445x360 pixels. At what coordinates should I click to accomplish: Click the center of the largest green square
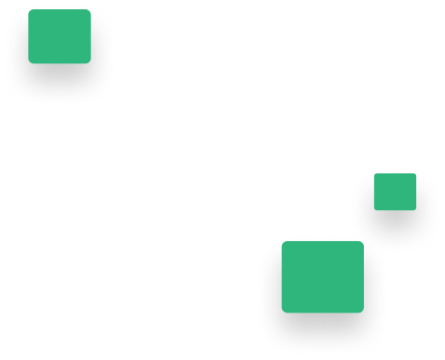(322, 277)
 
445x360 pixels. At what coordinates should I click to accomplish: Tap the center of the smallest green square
(395, 192)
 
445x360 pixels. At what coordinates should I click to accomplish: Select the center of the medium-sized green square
(60, 36)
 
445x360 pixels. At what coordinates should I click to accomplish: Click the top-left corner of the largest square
(281, 241)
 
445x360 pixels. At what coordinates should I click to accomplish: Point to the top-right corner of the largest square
(363, 241)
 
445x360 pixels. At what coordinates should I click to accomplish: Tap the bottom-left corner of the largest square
(281, 313)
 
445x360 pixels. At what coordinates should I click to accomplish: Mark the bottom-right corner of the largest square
(363, 313)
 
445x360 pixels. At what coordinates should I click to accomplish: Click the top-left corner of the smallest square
(374, 173)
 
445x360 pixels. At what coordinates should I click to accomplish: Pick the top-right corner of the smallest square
(416, 173)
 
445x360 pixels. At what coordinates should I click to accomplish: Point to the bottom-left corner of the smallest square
(374, 210)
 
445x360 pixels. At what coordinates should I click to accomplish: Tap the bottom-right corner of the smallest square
(416, 210)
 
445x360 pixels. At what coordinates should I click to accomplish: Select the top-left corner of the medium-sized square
(28, 9)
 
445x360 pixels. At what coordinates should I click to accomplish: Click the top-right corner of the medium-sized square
(91, 9)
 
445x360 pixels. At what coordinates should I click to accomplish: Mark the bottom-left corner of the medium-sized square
(28, 63)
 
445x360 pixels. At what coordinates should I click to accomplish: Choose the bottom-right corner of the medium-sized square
(91, 63)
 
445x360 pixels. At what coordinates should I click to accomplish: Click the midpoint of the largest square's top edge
(322, 241)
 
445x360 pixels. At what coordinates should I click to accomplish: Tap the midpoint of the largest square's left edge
(281, 277)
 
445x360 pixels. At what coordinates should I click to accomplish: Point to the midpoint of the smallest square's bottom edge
(395, 210)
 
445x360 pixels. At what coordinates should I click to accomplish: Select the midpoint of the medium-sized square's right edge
(91, 36)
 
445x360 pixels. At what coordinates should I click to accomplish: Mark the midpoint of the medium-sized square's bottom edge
(60, 63)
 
